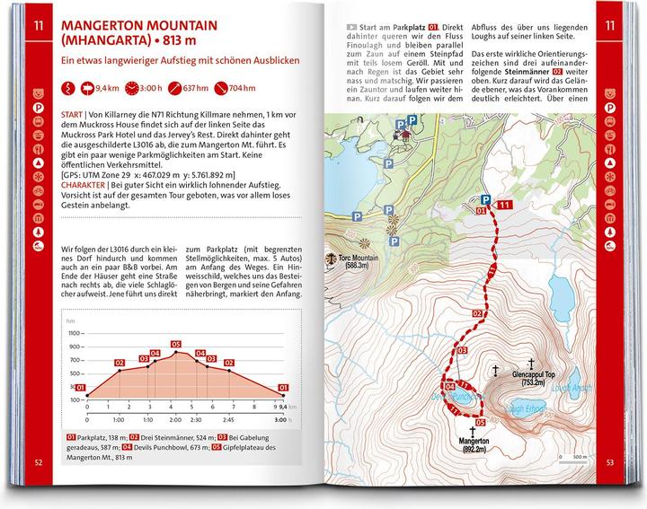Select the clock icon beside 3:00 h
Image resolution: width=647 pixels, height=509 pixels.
[x=132, y=89]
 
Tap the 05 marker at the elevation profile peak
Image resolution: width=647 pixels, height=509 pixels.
[x=176, y=344]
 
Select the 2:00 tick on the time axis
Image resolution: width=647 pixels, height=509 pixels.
[x=174, y=418]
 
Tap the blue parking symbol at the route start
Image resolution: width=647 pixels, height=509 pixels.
[x=485, y=199]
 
